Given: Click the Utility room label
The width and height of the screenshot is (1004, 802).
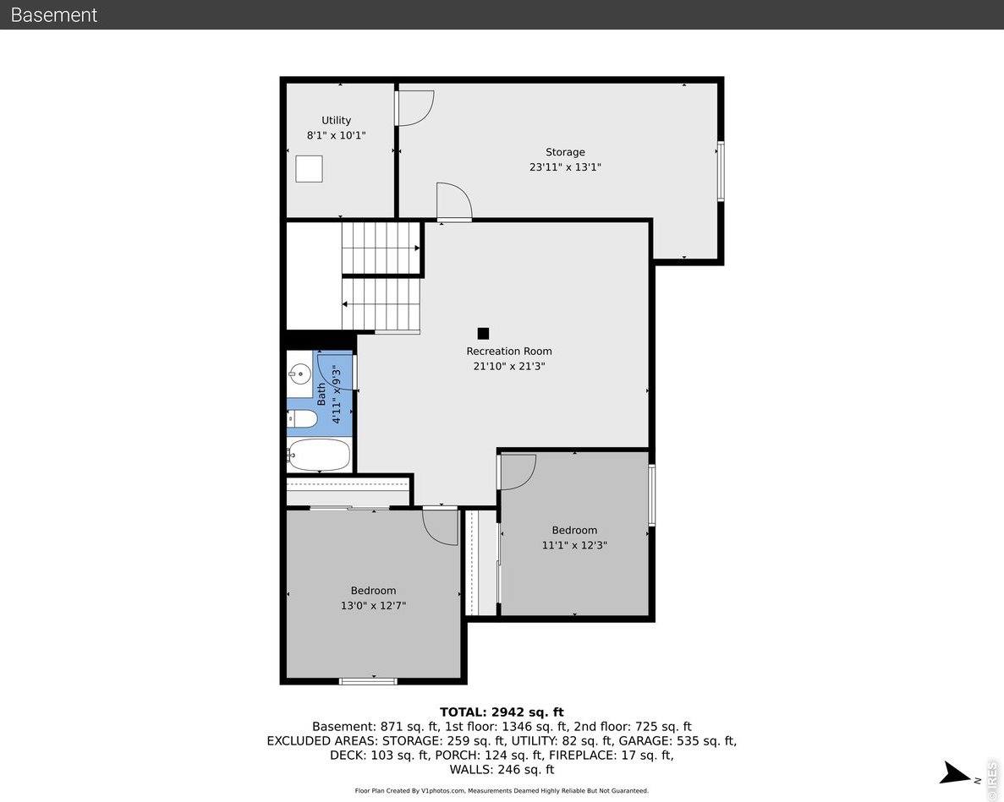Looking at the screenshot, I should [336, 120].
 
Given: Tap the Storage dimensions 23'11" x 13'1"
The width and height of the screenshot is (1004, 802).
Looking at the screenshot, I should [565, 167].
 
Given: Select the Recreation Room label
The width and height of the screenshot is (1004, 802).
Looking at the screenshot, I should [509, 352].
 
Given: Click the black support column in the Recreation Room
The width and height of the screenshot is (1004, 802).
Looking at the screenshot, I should [483, 334].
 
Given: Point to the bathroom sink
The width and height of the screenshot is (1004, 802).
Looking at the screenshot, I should [299, 373].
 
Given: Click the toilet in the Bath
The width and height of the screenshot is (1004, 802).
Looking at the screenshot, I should [302, 418].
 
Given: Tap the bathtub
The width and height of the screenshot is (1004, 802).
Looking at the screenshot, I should [319, 456].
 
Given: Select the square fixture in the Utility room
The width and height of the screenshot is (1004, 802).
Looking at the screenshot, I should [309, 169].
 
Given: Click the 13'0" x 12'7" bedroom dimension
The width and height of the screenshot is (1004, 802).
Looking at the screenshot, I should [373, 605].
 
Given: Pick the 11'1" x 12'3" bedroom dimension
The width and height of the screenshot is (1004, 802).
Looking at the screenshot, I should [574, 545].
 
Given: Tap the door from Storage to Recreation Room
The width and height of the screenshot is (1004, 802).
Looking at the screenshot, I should [453, 203].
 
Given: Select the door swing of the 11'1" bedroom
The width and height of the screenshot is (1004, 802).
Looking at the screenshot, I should [518, 472].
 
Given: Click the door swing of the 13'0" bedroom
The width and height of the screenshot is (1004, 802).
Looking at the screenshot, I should [441, 526].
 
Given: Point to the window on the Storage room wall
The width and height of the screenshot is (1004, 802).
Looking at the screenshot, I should [721, 171].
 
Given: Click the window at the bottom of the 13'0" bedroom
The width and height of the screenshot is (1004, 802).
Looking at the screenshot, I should [368, 680].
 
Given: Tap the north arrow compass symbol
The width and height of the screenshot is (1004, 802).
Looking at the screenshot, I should [958, 772].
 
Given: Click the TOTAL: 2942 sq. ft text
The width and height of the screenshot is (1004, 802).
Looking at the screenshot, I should [501, 712].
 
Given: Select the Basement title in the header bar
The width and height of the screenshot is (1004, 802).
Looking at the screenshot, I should [54, 14].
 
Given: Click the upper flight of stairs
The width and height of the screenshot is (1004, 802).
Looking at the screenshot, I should [381, 248].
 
